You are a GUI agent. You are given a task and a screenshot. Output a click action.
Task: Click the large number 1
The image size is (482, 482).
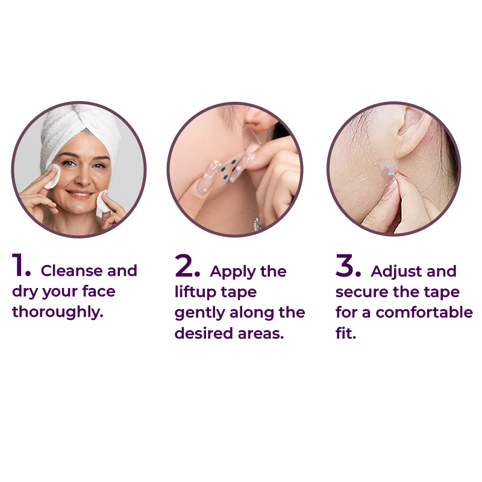(x=17, y=264)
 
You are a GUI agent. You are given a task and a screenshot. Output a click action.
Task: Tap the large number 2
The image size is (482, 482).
(x=184, y=265)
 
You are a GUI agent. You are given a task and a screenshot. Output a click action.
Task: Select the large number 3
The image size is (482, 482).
(x=344, y=265)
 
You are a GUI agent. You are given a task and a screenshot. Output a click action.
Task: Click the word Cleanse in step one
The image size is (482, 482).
(x=71, y=271)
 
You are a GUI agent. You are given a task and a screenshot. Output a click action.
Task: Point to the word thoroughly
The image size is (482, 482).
(x=57, y=312)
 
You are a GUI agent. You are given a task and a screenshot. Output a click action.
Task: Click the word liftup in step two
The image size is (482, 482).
(x=195, y=292)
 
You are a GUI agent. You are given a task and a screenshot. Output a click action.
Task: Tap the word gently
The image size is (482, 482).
(x=199, y=313)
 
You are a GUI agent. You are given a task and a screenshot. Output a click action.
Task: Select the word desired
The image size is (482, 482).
(x=204, y=333)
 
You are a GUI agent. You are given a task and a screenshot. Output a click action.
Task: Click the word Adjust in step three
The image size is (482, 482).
(x=393, y=272)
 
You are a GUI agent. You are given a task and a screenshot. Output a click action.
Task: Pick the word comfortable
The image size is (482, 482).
(x=424, y=313)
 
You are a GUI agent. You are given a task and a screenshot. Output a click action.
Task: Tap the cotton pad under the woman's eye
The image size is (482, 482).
(x=52, y=176)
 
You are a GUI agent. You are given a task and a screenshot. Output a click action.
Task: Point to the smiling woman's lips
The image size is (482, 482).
(x=80, y=194)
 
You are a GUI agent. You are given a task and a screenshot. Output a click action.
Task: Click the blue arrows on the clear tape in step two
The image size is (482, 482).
(x=228, y=169)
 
